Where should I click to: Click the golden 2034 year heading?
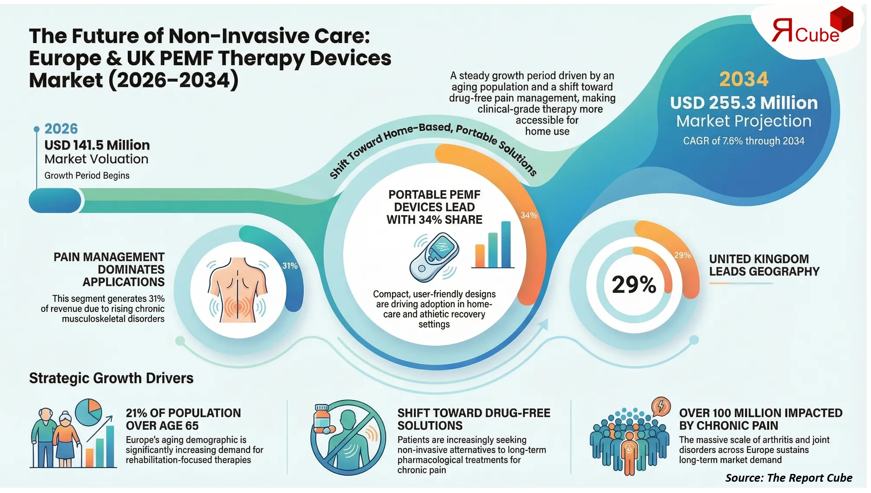tap(744, 79)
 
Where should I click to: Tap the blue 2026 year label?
tap(61, 129)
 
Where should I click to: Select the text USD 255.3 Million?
tap(744, 103)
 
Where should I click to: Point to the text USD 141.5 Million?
tap(97, 145)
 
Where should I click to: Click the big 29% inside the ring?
tap(634, 285)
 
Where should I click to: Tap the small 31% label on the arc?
tap(290, 266)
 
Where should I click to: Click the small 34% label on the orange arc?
tap(529, 215)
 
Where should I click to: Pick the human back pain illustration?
tap(237, 289)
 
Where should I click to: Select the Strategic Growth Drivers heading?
tap(111, 378)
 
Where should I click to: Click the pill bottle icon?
tap(322, 419)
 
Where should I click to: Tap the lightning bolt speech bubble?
tap(661, 406)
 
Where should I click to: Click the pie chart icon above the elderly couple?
tap(89, 412)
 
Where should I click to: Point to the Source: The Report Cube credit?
tap(789, 478)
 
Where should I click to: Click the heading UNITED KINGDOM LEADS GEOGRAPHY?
tap(764, 265)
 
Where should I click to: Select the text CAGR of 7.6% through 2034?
tap(744, 141)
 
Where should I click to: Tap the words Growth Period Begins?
tap(87, 175)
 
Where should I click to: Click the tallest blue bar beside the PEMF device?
tap(506, 244)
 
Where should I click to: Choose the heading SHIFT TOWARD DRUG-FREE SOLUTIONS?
tap(474, 419)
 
